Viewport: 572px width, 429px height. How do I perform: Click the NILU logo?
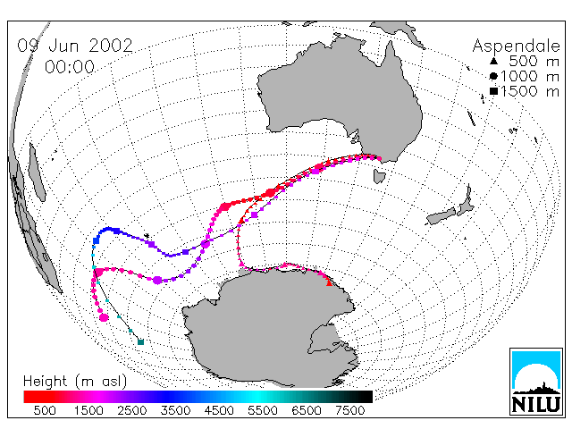point(536,382)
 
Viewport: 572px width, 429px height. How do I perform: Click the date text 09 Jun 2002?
point(75,46)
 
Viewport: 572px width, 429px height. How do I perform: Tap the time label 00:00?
point(70,67)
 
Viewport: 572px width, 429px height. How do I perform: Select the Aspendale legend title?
point(516,46)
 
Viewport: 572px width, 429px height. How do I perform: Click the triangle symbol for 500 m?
point(493,61)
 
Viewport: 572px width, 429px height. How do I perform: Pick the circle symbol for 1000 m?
point(493,76)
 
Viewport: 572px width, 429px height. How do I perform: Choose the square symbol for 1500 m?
point(493,91)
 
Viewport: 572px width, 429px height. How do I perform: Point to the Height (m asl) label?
point(75,382)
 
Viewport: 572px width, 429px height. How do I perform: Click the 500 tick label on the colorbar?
point(45,410)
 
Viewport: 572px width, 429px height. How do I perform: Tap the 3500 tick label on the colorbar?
point(175,410)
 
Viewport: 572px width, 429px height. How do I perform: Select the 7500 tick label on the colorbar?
point(349,410)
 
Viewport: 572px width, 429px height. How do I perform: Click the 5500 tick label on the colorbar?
point(263,410)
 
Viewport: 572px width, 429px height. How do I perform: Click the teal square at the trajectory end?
point(141,341)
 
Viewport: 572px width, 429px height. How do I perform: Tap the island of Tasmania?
point(379,176)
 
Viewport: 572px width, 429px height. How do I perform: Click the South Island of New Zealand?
point(442,216)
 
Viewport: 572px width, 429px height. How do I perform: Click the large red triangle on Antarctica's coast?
point(329,282)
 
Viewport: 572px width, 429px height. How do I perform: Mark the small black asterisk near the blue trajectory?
point(147,236)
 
